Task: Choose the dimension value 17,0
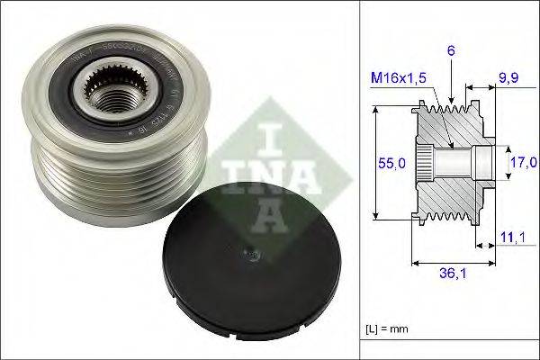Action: [519, 163]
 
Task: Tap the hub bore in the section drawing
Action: [454, 163]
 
